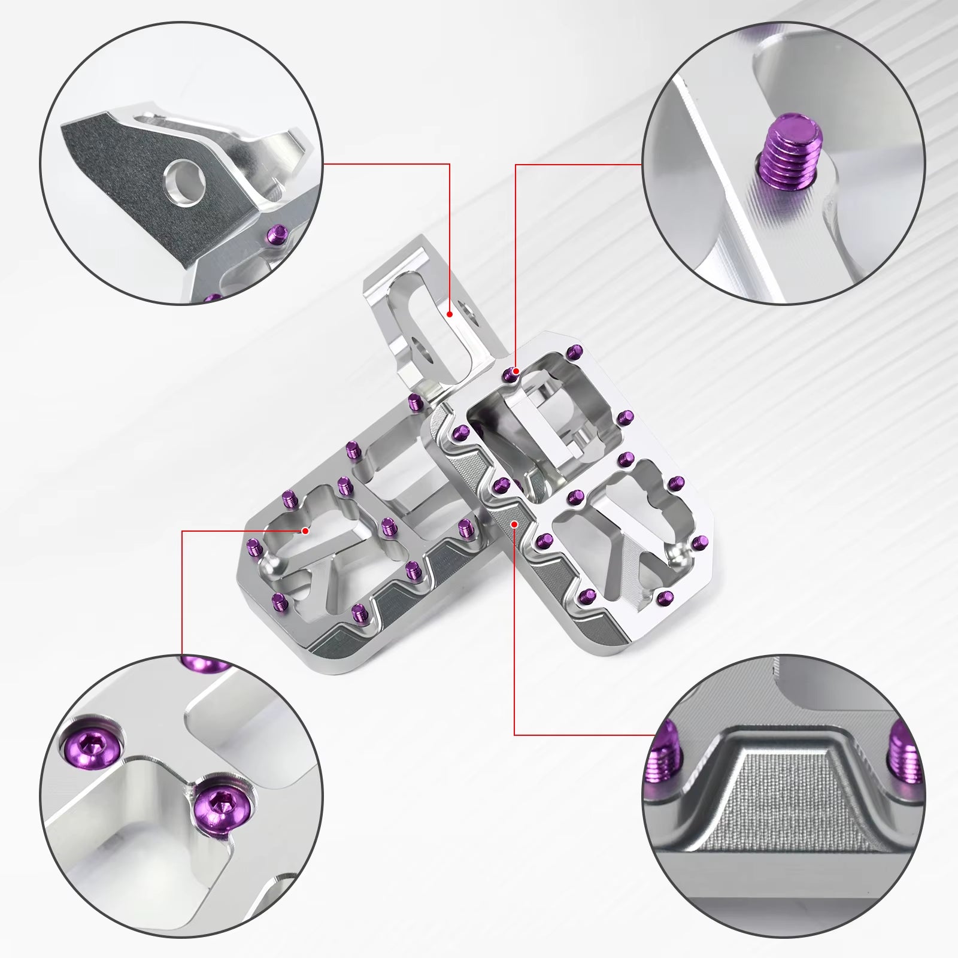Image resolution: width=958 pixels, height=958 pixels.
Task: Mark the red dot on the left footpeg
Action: point(305,530)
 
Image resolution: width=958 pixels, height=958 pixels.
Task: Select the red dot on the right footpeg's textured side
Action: point(514,523)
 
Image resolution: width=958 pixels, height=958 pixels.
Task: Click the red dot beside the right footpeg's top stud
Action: point(516,371)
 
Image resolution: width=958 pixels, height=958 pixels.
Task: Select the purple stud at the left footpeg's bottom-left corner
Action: point(277,601)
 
